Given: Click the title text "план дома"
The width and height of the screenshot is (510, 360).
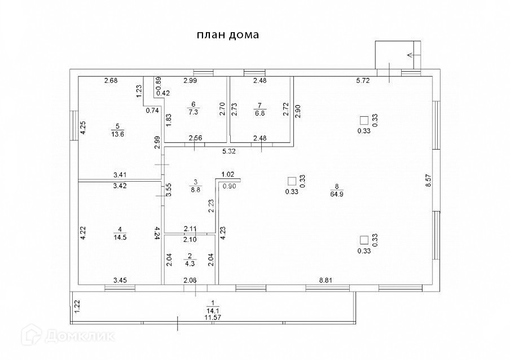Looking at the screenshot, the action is click(x=227, y=35).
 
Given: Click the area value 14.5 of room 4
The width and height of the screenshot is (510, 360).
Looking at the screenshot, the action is click(x=120, y=238).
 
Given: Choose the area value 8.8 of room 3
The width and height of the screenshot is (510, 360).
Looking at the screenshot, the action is click(x=196, y=191).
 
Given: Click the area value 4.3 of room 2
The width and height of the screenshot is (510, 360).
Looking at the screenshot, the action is click(x=191, y=262).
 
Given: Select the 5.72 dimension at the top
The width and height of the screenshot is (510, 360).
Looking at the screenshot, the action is click(x=363, y=81).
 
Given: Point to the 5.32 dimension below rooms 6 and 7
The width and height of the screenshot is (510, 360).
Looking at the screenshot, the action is click(x=228, y=151).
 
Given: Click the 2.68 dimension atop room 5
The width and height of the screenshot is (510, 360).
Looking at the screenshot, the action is click(x=111, y=81).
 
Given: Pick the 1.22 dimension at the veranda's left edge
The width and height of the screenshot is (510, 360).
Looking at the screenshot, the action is click(x=77, y=306).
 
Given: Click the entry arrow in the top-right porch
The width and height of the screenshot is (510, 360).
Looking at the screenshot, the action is click(x=409, y=55).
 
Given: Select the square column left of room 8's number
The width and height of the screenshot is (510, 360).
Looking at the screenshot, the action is click(x=292, y=181).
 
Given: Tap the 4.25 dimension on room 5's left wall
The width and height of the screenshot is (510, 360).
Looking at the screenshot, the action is click(x=83, y=128).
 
